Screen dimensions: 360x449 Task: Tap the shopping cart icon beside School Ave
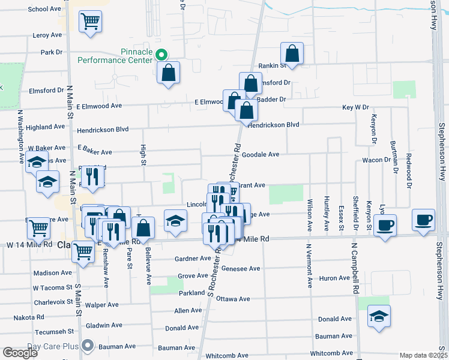pos(90,22)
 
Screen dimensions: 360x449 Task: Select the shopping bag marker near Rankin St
pos(291,54)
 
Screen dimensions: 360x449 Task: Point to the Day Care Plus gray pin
pos(88,346)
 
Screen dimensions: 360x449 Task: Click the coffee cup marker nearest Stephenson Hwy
pos(424,220)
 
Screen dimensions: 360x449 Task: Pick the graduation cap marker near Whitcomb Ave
pos(379,316)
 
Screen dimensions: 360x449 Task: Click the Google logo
pos(20,353)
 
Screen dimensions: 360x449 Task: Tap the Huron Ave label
pos(335,278)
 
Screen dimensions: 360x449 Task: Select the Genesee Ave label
pos(241,269)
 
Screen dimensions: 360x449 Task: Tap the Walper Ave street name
pos(100,305)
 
